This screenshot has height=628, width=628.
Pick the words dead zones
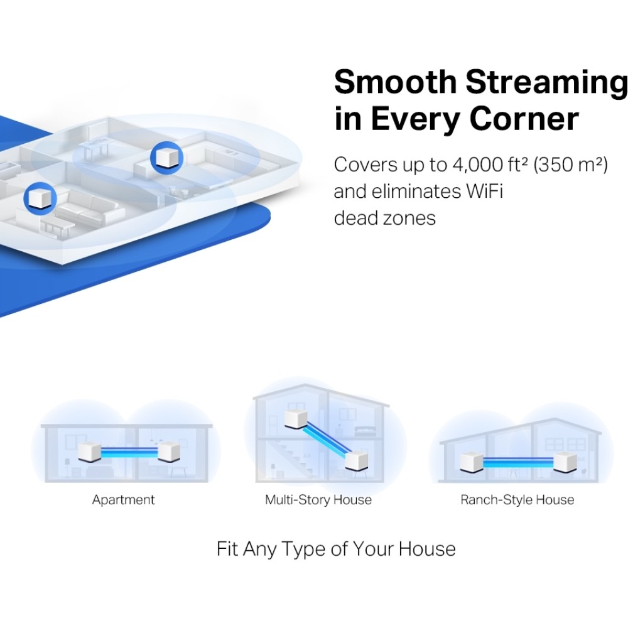[x=384, y=218]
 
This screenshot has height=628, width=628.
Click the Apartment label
[x=123, y=500]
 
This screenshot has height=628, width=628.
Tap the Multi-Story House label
[x=318, y=500]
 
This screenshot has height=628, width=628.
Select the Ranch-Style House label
[x=517, y=500]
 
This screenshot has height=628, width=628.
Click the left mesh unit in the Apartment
[x=89, y=452]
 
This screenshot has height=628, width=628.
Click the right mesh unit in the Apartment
[x=169, y=452]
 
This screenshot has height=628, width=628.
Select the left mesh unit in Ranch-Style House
[x=471, y=462]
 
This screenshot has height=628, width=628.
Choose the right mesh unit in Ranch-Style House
[x=565, y=462]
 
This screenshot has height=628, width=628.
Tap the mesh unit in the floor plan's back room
[x=166, y=158]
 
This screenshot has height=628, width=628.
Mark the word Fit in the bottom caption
[x=228, y=549]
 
